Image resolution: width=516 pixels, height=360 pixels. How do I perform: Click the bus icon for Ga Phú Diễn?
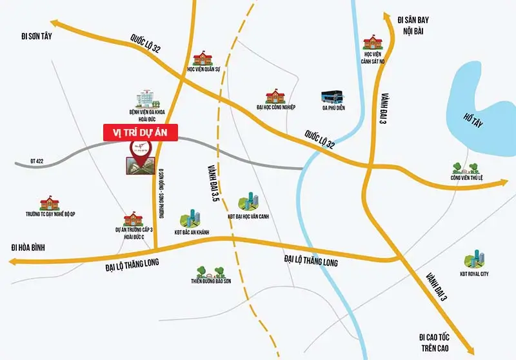tap(333, 97)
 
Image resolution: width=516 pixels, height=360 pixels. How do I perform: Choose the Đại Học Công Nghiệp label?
tap(275, 107)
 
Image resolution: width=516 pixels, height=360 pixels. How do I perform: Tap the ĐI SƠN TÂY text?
tap(36, 36)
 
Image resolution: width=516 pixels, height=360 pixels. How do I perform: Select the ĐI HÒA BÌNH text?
tap(31, 247)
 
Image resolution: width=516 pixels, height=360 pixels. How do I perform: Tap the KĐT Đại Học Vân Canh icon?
tap(248, 201)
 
